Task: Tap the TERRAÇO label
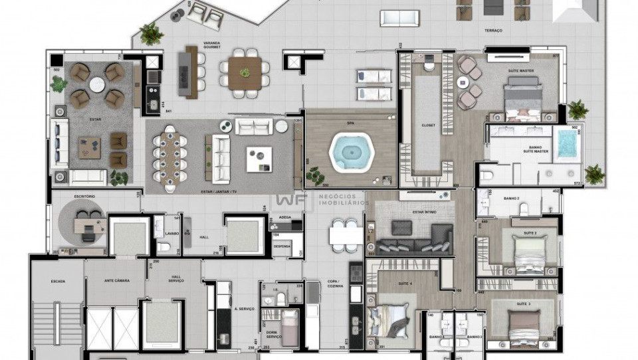click(x=493, y=31)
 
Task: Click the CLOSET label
click(x=428, y=125)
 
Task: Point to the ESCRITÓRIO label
click(x=84, y=197)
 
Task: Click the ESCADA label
click(x=58, y=281)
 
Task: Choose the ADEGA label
click(x=285, y=217)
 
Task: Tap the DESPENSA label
click(x=282, y=246)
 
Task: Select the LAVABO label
click(x=171, y=233)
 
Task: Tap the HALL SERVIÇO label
click(x=175, y=280)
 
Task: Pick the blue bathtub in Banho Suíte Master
click(x=566, y=144)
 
